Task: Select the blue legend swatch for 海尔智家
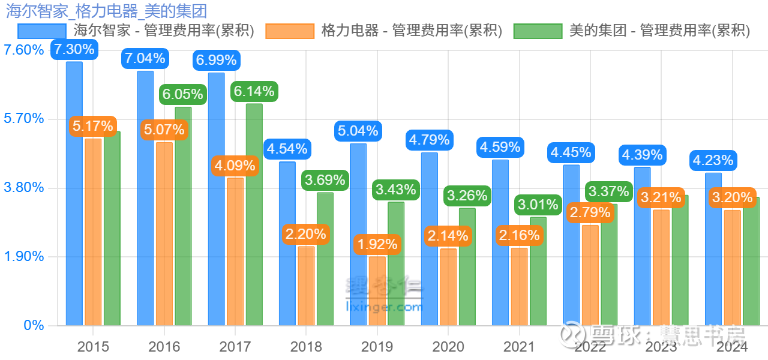[41, 31]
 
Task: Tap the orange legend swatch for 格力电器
[290, 31]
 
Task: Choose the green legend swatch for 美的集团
[538, 31]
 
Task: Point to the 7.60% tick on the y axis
[24, 50]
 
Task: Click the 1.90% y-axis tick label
[24, 257]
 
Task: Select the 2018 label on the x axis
[306, 347]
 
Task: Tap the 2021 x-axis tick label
[519, 347]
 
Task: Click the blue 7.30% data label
[74, 49]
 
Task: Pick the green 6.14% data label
[254, 91]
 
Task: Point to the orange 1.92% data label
[377, 244]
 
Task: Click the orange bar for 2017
[235, 252]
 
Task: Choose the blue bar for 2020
[429, 240]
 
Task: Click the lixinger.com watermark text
[385, 307]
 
